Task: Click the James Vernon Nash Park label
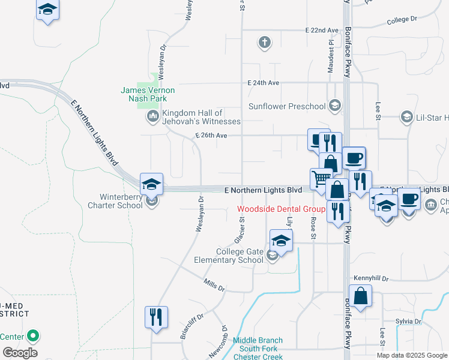(x=148, y=94)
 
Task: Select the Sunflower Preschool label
(x=288, y=107)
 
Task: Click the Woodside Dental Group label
(x=281, y=209)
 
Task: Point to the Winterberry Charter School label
(x=122, y=200)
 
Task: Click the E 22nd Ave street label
(x=322, y=29)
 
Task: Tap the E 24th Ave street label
(x=263, y=83)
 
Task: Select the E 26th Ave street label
(x=211, y=136)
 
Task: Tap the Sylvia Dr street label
(x=408, y=322)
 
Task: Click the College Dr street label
(x=402, y=20)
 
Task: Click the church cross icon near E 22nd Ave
(x=264, y=43)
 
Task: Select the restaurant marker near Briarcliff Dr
(x=157, y=316)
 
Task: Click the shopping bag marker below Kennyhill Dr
(x=360, y=296)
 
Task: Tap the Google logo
(x=19, y=353)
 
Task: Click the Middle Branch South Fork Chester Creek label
(x=258, y=349)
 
